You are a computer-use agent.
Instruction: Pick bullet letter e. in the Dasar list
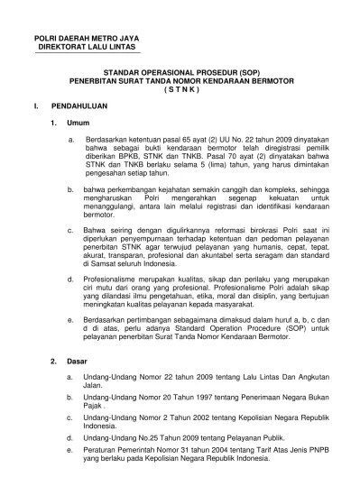(x=71, y=454)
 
